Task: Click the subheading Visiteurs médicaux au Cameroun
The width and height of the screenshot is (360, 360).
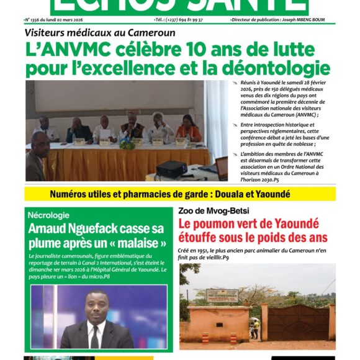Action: (x=100, y=32)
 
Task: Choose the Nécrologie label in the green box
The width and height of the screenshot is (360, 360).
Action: (x=48, y=215)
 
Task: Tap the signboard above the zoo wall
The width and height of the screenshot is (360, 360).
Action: (x=222, y=295)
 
